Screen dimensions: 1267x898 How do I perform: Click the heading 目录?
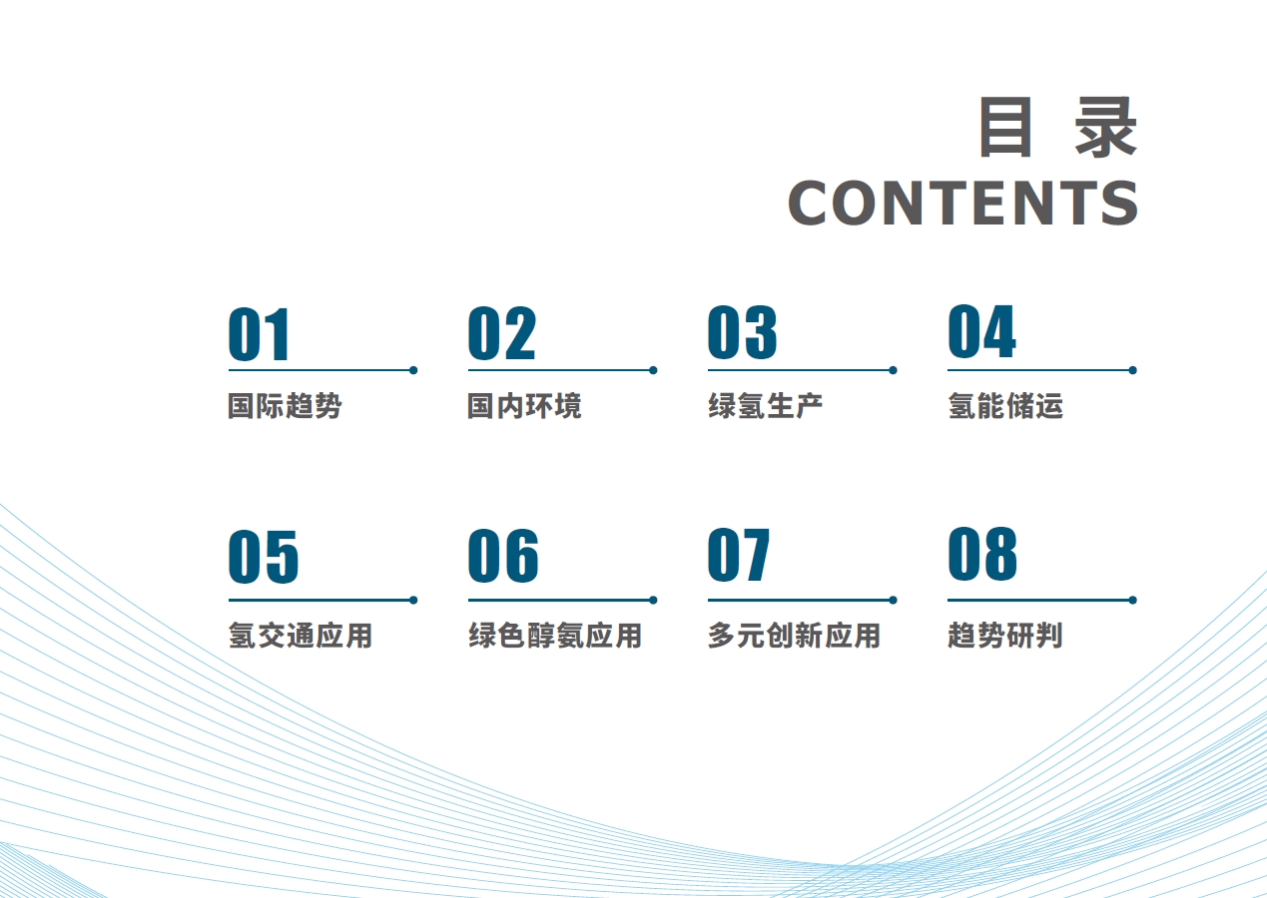pos(1057,127)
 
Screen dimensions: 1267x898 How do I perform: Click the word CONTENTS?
pos(962,203)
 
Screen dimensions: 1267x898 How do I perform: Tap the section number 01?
pos(259,334)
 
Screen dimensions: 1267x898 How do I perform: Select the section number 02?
pos(502,333)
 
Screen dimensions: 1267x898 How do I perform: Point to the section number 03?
pos(743,332)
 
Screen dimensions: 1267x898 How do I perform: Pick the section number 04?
pos(981,331)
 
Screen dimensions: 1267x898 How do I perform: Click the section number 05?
pos(263,557)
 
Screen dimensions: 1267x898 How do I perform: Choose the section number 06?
pos(503,556)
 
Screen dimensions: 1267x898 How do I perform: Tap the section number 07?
pos(739,555)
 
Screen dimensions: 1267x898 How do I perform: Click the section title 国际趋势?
pos(285,406)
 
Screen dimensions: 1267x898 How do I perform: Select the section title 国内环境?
pos(524,406)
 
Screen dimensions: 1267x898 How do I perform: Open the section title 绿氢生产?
pos(765,406)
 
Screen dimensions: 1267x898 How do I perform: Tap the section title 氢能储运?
pos(1005,406)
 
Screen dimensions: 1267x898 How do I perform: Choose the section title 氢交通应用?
pos(301,636)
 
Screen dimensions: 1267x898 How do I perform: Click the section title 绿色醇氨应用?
pos(555,636)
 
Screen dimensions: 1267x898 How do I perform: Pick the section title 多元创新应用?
pos(794,636)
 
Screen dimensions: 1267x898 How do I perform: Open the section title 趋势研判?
pos(1005,636)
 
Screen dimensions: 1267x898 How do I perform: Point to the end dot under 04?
pos(1132,370)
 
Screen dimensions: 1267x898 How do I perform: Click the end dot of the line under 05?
pos(413,601)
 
